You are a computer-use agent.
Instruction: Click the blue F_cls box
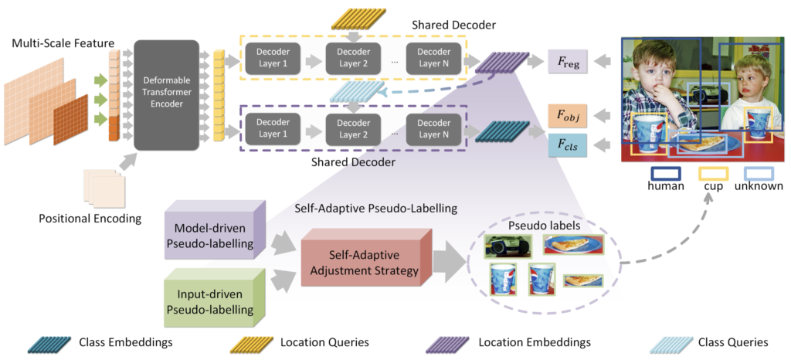(568, 144)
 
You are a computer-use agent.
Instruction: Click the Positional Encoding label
(90, 219)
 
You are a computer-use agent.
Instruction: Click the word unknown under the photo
(759, 186)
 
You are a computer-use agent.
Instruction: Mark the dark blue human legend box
(666, 174)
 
